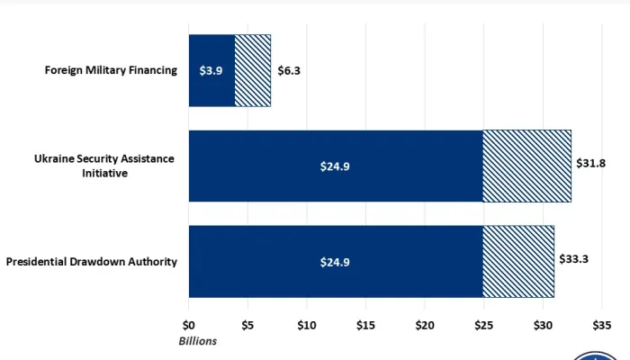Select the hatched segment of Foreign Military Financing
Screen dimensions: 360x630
click(x=253, y=70)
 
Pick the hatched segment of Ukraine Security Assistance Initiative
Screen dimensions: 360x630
click(x=526, y=166)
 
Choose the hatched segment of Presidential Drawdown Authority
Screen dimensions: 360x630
click(x=518, y=261)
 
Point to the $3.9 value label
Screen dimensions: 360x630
click(x=211, y=70)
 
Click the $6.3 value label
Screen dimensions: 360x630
click(x=289, y=70)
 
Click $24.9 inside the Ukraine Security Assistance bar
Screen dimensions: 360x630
click(x=335, y=166)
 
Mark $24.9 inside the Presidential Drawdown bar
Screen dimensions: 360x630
click(x=335, y=262)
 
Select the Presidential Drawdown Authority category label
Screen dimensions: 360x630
click(x=92, y=262)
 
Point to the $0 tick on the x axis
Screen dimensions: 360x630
click(x=189, y=325)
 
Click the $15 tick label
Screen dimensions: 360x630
click(x=366, y=325)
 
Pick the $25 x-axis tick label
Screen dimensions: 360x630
click(x=484, y=325)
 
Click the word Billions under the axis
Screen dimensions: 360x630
click(x=197, y=341)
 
